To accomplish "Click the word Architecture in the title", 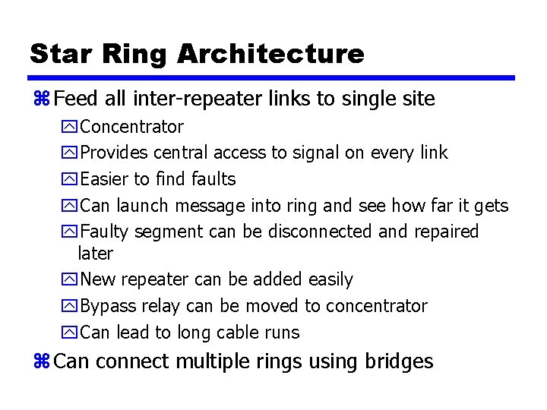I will (x=270, y=53).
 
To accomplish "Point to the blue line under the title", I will (x=272, y=77).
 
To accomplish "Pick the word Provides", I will (x=114, y=153).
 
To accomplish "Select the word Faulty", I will (x=106, y=232).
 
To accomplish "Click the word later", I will (x=95, y=254).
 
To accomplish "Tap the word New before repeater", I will (x=98, y=279).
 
